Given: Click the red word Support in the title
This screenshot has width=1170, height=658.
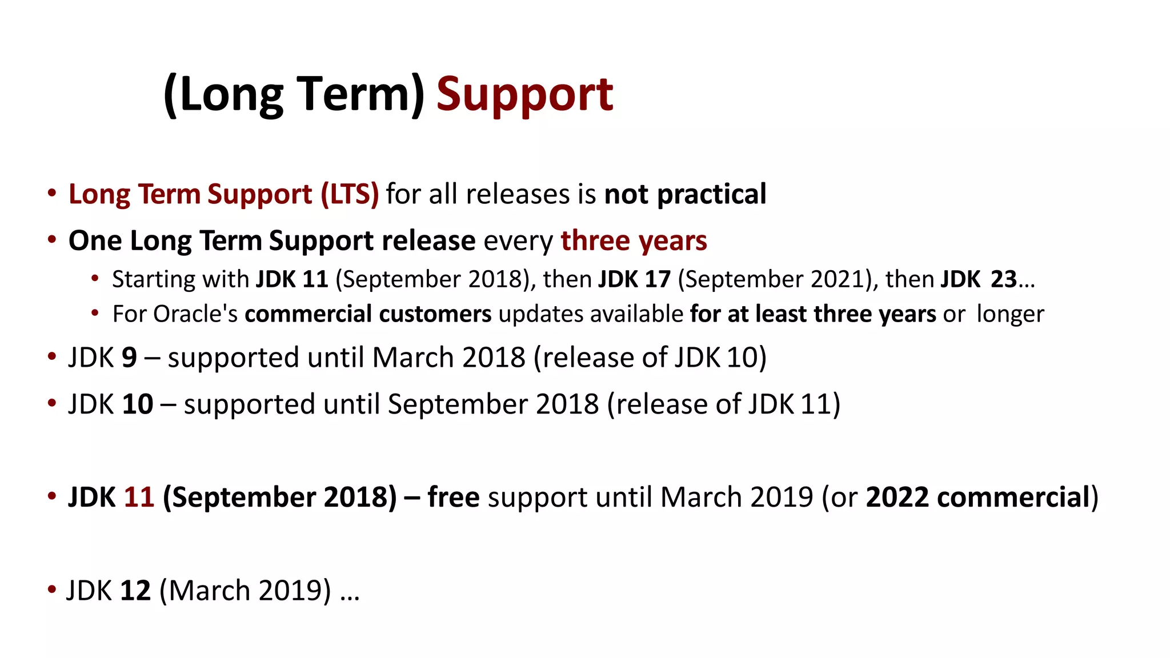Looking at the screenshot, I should (x=524, y=94).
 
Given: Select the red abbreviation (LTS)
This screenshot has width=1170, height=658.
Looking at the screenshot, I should (x=350, y=194).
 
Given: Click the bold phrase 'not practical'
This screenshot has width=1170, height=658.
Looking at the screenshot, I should (x=685, y=194).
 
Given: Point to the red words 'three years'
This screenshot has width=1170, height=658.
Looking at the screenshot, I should (x=634, y=240).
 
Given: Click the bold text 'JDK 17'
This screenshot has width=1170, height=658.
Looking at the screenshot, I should (x=634, y=279).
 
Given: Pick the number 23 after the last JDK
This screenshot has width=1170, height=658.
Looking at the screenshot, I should (x=1003, y=279).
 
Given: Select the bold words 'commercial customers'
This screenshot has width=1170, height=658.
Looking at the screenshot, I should (x=368, y=314).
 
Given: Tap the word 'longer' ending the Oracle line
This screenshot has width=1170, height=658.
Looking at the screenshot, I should (x=1009, y=314).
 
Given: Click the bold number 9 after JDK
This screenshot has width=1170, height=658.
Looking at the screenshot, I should (x=129, y=358).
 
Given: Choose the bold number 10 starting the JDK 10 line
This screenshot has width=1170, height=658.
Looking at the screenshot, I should (x=137, y=404).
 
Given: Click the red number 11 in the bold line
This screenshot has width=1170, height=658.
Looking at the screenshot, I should (x=139, y=497).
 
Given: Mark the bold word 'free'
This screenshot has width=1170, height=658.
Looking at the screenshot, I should (x=453, y=497).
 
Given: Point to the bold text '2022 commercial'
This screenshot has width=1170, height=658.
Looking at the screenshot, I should (x=977, y=497).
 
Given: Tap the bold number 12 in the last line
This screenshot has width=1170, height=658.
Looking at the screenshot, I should (x=135, y=591).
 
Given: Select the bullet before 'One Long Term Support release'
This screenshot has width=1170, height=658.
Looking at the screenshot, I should (x=52, y=239).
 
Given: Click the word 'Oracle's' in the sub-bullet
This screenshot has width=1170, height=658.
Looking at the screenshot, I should (x=195, y=314).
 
